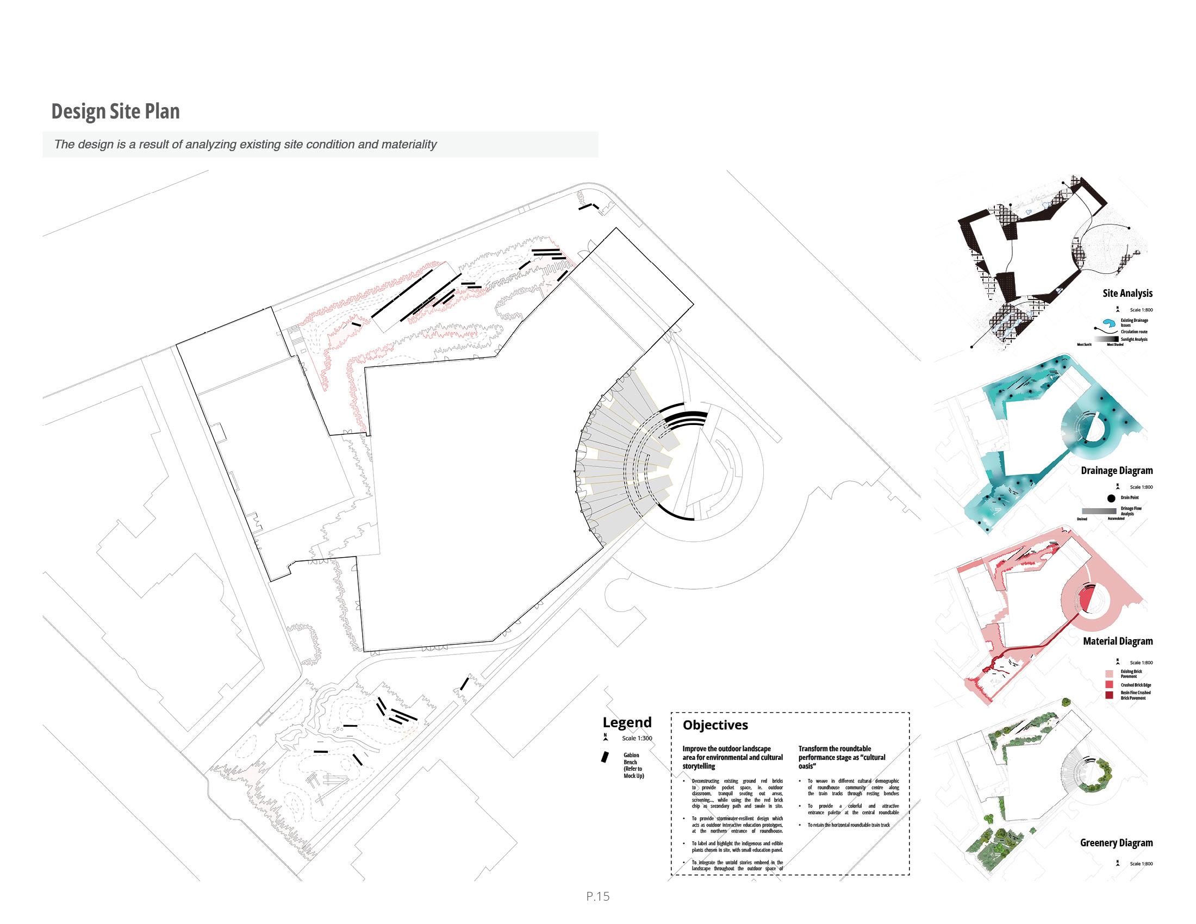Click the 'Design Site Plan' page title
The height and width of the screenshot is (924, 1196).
pos(116,111)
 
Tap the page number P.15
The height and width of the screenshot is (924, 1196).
pos(597,896)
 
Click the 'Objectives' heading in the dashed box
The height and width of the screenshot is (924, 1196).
pos(715,725)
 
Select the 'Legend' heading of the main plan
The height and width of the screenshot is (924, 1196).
pos(627,722)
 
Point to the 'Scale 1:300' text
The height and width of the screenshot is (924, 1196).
pos(637,738)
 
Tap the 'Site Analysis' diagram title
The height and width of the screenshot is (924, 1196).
pos(1128,294)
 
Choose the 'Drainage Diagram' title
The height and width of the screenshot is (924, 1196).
pos(1117,471)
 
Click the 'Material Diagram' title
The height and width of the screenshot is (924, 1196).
pos(1118,641)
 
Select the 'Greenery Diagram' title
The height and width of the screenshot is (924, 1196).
pos(1116,843)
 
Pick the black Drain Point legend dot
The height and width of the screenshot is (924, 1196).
pos(1111,498)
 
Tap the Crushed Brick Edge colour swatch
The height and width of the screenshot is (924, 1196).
pos(1110,685)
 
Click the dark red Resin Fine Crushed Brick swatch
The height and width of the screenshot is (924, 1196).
pos(1110,695)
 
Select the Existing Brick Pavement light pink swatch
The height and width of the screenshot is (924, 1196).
pos(1110,674)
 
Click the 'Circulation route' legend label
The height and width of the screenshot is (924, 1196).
pos(1133,332)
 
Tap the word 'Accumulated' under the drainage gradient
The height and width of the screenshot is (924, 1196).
pos(1116,519)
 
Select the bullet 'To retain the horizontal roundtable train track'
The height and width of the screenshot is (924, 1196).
pos(849,825)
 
